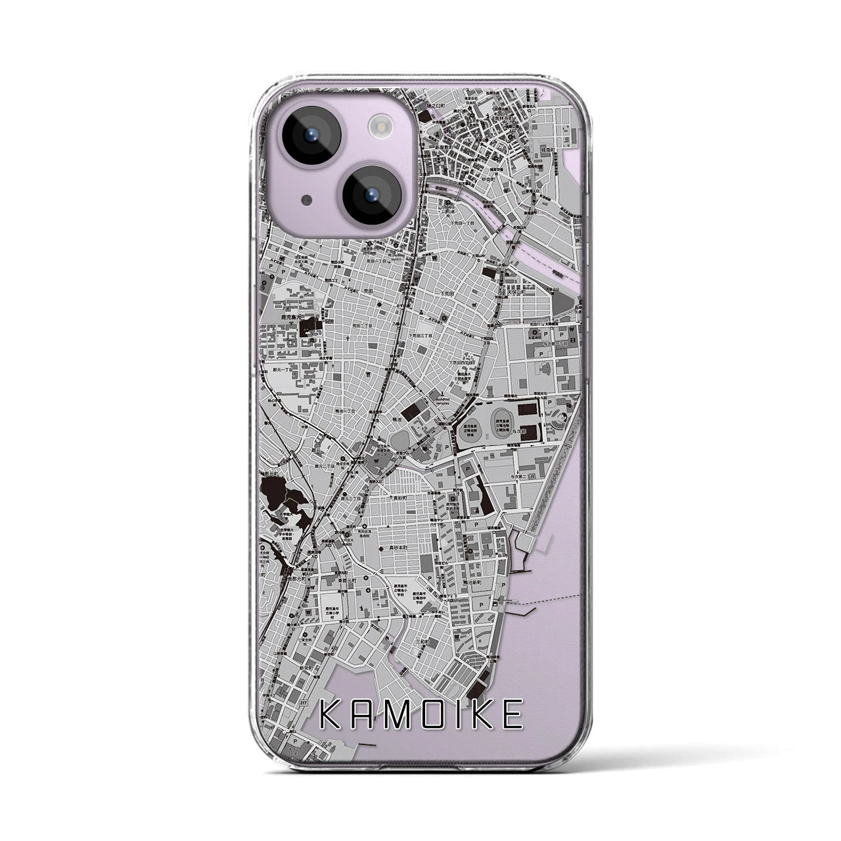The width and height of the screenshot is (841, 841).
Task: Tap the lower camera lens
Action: click(x=371, y=193)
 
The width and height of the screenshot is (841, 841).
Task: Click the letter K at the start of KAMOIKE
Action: click(x=332, y=715)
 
